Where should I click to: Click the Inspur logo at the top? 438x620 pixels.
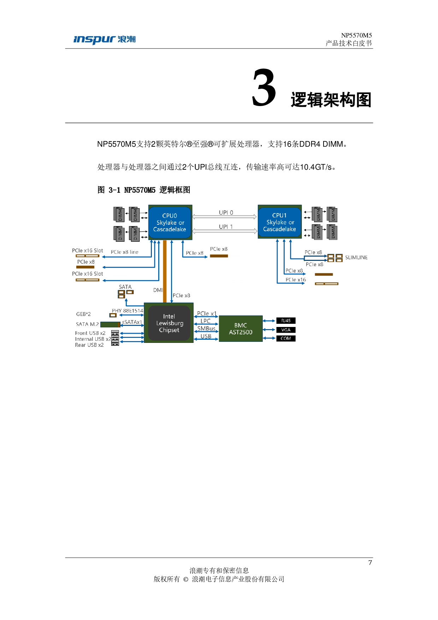[104, 40]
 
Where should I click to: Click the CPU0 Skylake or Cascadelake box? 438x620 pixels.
[170, 222]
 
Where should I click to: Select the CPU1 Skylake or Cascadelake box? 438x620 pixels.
[279, 222]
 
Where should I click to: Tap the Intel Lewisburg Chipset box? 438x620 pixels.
[169, 323]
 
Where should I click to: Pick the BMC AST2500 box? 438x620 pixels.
[241, 329]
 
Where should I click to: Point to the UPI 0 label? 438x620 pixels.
[226, 212]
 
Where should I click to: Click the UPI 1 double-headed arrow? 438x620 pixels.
[225, 231]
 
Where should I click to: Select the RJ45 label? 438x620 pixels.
[286, 321]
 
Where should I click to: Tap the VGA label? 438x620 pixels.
[286, 330]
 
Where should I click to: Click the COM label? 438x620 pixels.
[286, 338]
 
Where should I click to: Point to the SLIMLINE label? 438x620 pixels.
[356, 258]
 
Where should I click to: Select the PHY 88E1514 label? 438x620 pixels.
[128, 311]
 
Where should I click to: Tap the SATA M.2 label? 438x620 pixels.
[87, 324]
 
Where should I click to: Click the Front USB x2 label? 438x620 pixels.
[90, 333]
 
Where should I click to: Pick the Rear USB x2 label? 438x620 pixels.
[89, 345]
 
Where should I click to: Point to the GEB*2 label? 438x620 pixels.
[83, 314]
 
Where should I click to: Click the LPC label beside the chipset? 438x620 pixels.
[206, 321]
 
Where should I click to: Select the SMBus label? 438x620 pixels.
[206, 328]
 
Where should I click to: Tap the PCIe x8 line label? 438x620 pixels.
[124, 252]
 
